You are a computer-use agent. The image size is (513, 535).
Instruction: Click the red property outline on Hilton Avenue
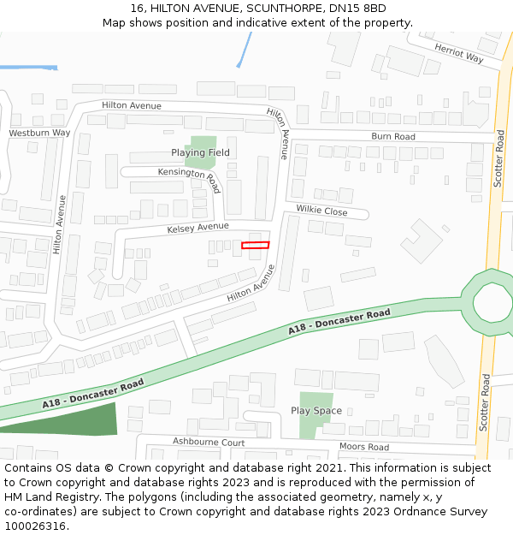point(255,246)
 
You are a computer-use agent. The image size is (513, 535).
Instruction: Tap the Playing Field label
point(200,153)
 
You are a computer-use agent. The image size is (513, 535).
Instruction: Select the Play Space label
point(315,411)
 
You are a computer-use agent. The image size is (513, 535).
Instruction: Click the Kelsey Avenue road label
point(198,228)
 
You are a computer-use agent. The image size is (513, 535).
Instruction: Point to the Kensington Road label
point(189,175)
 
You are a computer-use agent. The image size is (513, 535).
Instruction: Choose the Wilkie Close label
point(321,211)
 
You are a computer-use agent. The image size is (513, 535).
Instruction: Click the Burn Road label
point(392,137)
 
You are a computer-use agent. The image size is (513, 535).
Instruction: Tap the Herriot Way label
point(458,53)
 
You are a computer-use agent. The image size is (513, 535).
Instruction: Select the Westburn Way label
point(39,134)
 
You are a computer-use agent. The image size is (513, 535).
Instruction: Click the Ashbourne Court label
point(209,442)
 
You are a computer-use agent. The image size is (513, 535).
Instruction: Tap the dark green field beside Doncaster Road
point(68,420)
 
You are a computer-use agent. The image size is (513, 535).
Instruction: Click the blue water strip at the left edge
point(28,67)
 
